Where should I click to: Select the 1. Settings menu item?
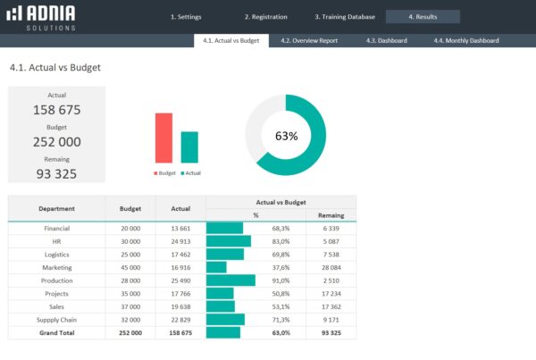pos(186,17)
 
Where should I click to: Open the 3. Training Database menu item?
pos(344,17)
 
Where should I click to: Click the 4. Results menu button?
pos(423,17)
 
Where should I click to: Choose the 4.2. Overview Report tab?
pos(308,40)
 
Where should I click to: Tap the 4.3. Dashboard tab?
pos(386,40)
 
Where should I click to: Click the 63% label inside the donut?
pos(286,136)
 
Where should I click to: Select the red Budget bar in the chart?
pos(163,138)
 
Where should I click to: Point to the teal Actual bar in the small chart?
pos(189,147)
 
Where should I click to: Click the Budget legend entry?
pos(165,172)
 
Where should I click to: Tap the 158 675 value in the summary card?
pos(56,110)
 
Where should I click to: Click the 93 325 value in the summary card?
pos(56,173)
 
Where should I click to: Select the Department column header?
pos(56,208)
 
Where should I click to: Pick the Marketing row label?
pos(56,267)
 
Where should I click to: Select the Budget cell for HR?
pos(130,241)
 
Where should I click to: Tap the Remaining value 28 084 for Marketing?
pos(331,267)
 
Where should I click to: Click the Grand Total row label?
pos(56,331)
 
